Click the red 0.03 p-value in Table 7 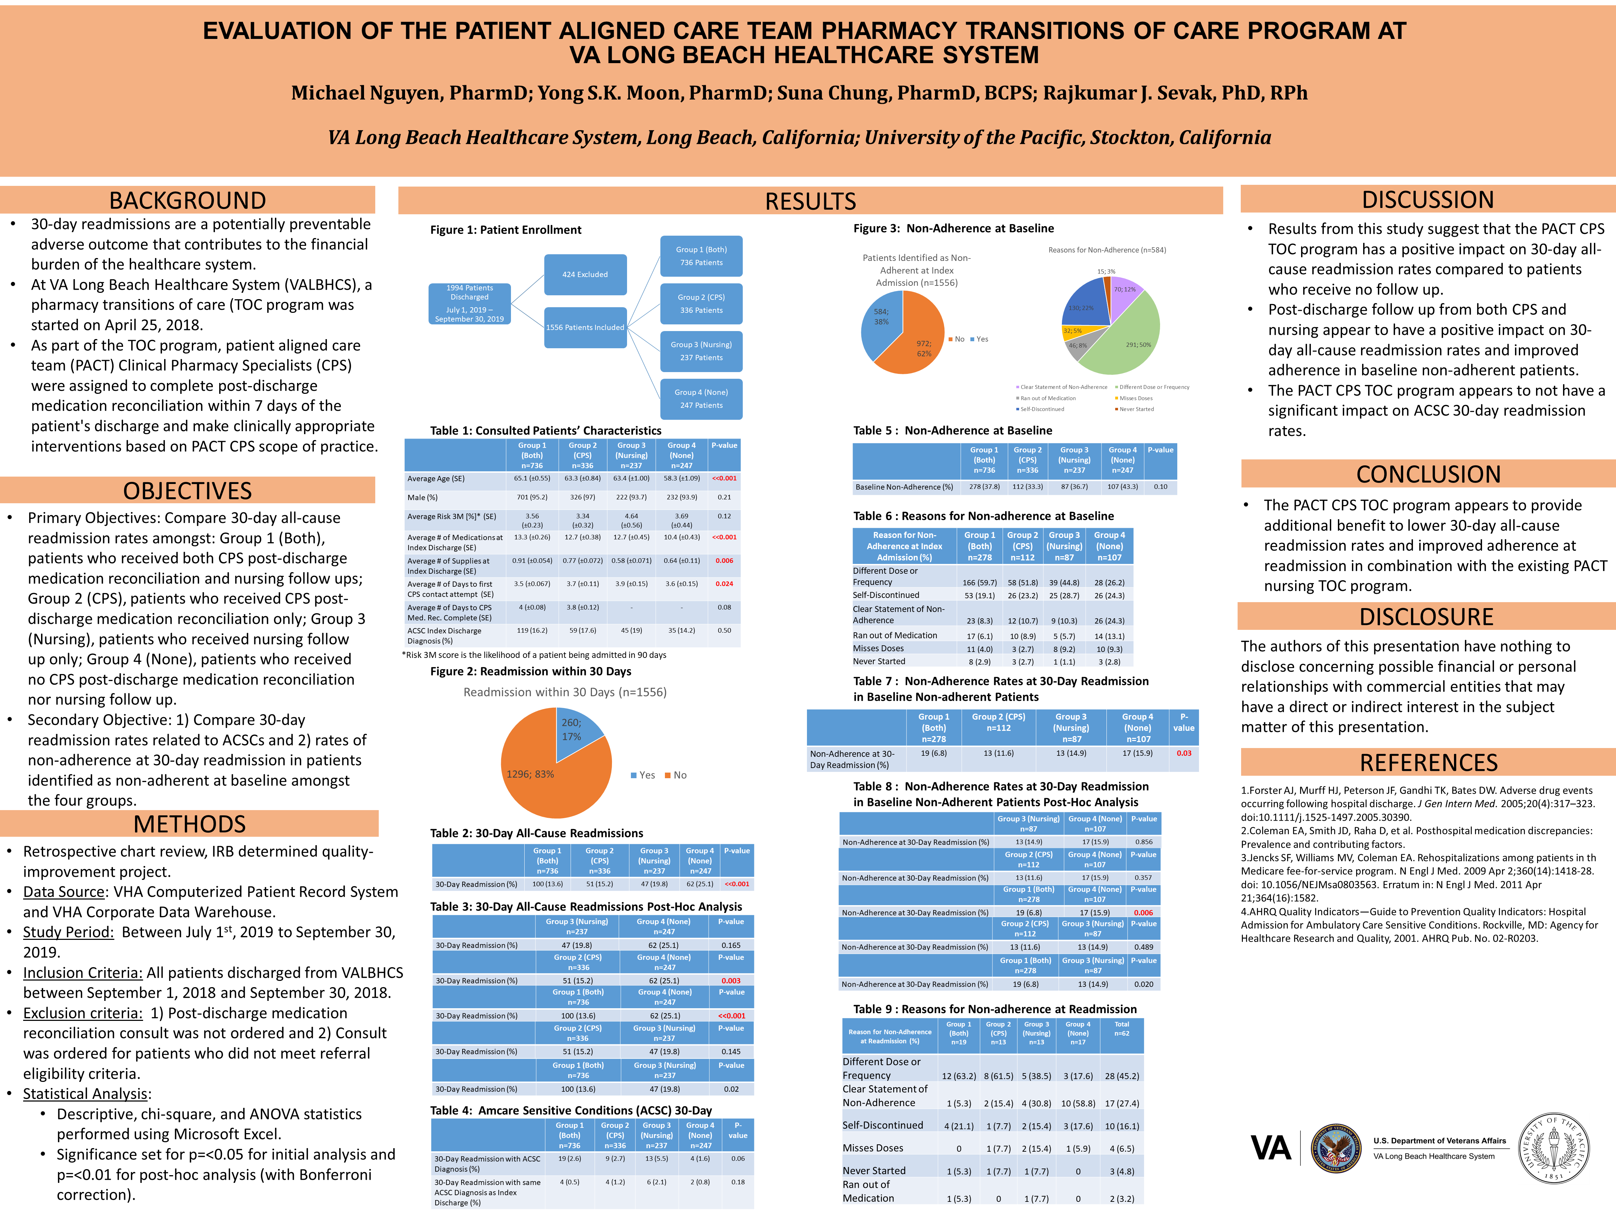[x=1184, y=753]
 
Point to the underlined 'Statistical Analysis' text [x=86, y=1094]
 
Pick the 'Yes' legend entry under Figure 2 [x=643, y=775]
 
